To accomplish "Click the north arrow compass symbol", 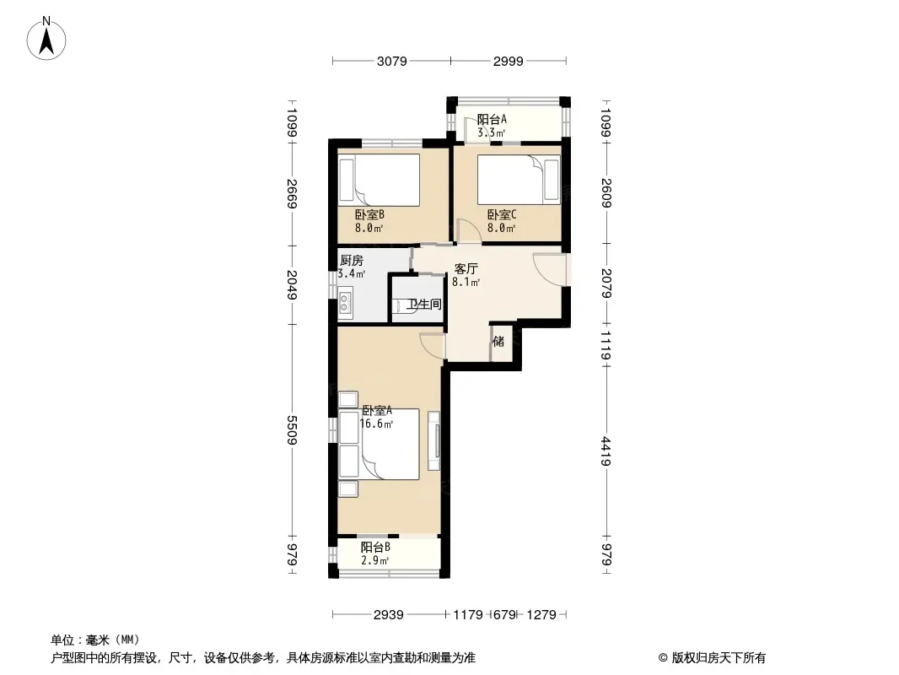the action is (x=46, y=39).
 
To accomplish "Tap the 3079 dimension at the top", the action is (x=391, y=61).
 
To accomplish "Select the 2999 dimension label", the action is (x=508, y=61).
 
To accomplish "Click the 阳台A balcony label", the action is (x=492, y=119).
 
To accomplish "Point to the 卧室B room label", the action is (x=369, y=215).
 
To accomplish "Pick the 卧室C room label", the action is (x=502, y=215).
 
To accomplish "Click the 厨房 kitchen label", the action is (x=352, y=261).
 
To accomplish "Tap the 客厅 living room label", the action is (x=466, y=268).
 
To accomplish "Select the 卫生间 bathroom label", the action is (x=424, y=304).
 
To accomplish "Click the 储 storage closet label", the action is (x=498, y=341).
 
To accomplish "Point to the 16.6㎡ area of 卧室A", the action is (x=376, y=424).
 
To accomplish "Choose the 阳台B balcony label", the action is (x=375, y=547).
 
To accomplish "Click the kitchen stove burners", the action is (x=345, y=302).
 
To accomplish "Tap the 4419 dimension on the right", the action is (x=606, y=451).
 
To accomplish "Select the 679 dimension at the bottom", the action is (x=504, y=615).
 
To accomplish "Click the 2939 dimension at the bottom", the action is (x=388, y=615).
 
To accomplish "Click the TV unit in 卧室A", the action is (x=434, y=441).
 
